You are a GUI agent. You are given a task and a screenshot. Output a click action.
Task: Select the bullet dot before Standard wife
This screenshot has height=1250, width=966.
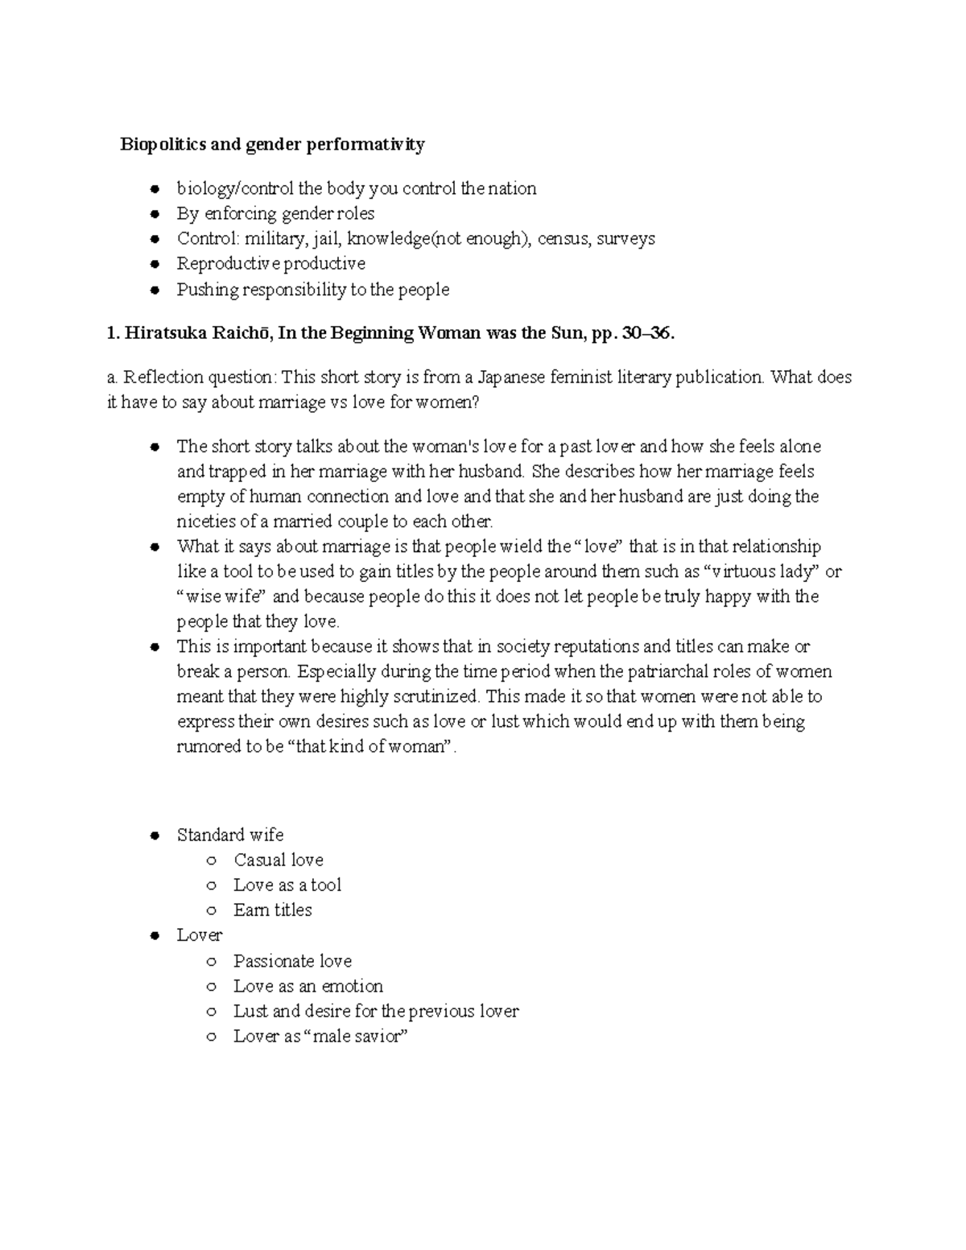(x=154, y=835)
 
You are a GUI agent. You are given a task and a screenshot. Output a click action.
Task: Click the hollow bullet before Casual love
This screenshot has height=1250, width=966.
(x=211, y=860)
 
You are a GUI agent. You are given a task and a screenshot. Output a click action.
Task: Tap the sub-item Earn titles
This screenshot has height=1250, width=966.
(x=272, y=910)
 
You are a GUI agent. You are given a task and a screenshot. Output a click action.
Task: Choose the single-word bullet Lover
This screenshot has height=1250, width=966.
(x=199, y=935)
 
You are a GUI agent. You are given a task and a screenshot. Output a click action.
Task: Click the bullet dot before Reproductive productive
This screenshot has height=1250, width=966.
(x=154, y=265)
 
